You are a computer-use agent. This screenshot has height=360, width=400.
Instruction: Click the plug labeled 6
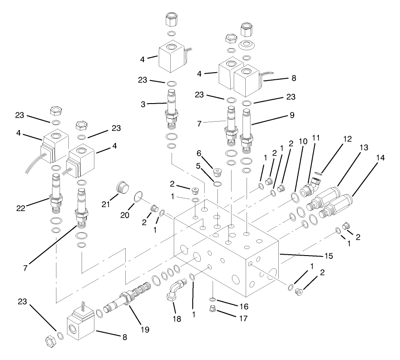click(x=217, y=171)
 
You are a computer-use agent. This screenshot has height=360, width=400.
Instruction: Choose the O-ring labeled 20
click(x=137, y=197)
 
